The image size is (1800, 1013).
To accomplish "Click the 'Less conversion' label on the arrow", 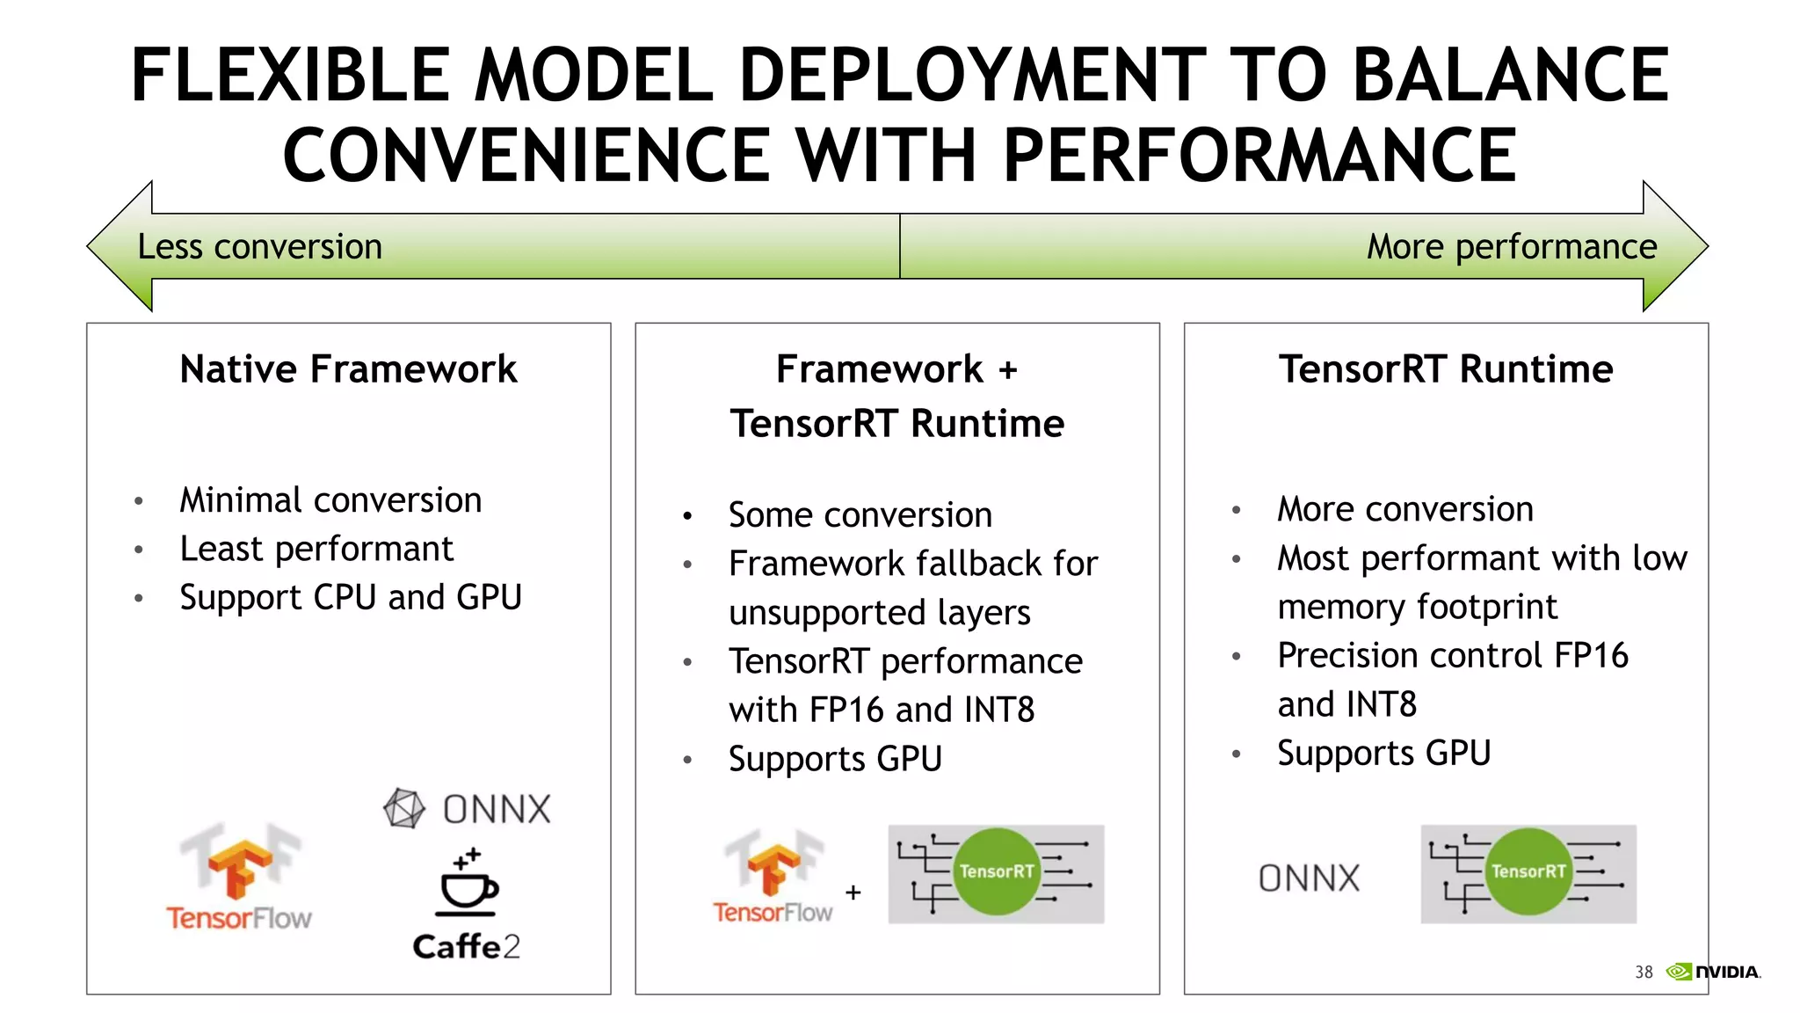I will (x=259, y=247).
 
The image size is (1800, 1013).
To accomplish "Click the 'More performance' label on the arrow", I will (x=1511, y=247).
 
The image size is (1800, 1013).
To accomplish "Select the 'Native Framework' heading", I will (x=348, y=369).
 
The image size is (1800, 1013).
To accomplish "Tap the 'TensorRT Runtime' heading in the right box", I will (x=1446, y=369).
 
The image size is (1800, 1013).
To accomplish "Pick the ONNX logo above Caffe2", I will (x=468, y=809).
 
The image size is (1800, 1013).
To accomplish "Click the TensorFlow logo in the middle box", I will (x=773, y=876).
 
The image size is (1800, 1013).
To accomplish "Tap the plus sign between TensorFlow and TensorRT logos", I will (x=853, y=893).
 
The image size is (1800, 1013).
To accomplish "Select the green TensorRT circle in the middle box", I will (x=996, y=871).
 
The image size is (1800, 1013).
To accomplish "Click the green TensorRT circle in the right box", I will (x=1528, y=871).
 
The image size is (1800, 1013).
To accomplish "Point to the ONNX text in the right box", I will (x=1309, y=878).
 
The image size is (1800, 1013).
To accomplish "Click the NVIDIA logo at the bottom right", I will (x=1714, y=972).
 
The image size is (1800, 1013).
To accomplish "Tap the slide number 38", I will (x=1644, y=973).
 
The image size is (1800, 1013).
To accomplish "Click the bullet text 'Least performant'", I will (x=316, y=550).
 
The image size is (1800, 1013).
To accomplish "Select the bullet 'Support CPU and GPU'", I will (x=351, y=598).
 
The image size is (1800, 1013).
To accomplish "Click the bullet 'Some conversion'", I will (x=860, y=515).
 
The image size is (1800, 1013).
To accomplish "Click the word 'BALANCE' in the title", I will (x=1510, y=76).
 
